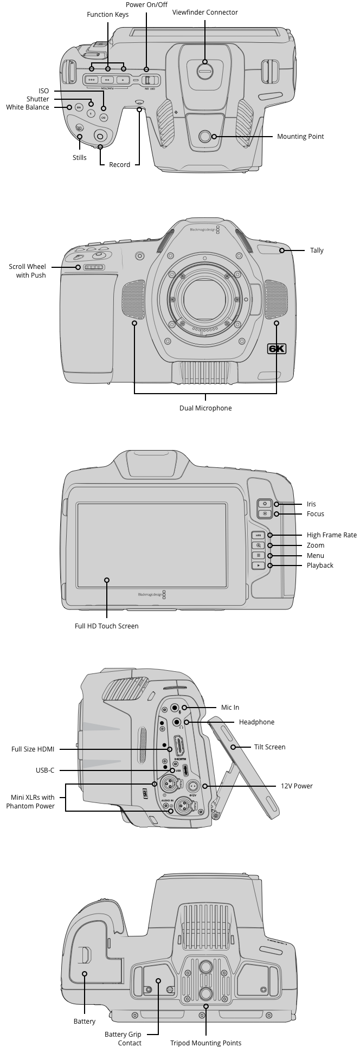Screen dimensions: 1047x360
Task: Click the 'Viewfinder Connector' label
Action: [x=205, y=12]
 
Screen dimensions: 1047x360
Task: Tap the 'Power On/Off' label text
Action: [x=146, y=4]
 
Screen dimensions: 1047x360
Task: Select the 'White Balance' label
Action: [x=28, y=107]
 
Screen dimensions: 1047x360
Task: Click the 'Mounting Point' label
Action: [x=300, y=137]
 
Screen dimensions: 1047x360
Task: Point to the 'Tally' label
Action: [x=317, y=250]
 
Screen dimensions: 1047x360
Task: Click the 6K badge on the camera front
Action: [x=277, y=349]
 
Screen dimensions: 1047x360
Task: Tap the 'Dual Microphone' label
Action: [x=205, y=408]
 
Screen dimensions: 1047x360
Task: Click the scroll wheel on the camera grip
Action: [x=93, y=267]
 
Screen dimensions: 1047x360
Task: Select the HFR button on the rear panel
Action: [x=259, y=535]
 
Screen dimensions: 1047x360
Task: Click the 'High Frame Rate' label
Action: [x=331, y=535]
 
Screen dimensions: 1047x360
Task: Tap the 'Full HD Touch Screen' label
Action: [x=107, y=626]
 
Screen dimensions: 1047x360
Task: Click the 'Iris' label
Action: [x=311, y=504]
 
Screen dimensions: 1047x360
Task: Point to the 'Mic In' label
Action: [x=230, y=708]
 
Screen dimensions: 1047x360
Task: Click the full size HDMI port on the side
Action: [x=177, y=747]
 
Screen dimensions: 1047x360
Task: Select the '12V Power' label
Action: [x=297, y=786]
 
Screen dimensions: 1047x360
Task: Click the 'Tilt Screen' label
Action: [x=269, y=747]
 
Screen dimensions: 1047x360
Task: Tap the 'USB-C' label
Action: [x=45, y=770]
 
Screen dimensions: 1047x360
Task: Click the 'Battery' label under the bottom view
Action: [x=85, y=1022]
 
